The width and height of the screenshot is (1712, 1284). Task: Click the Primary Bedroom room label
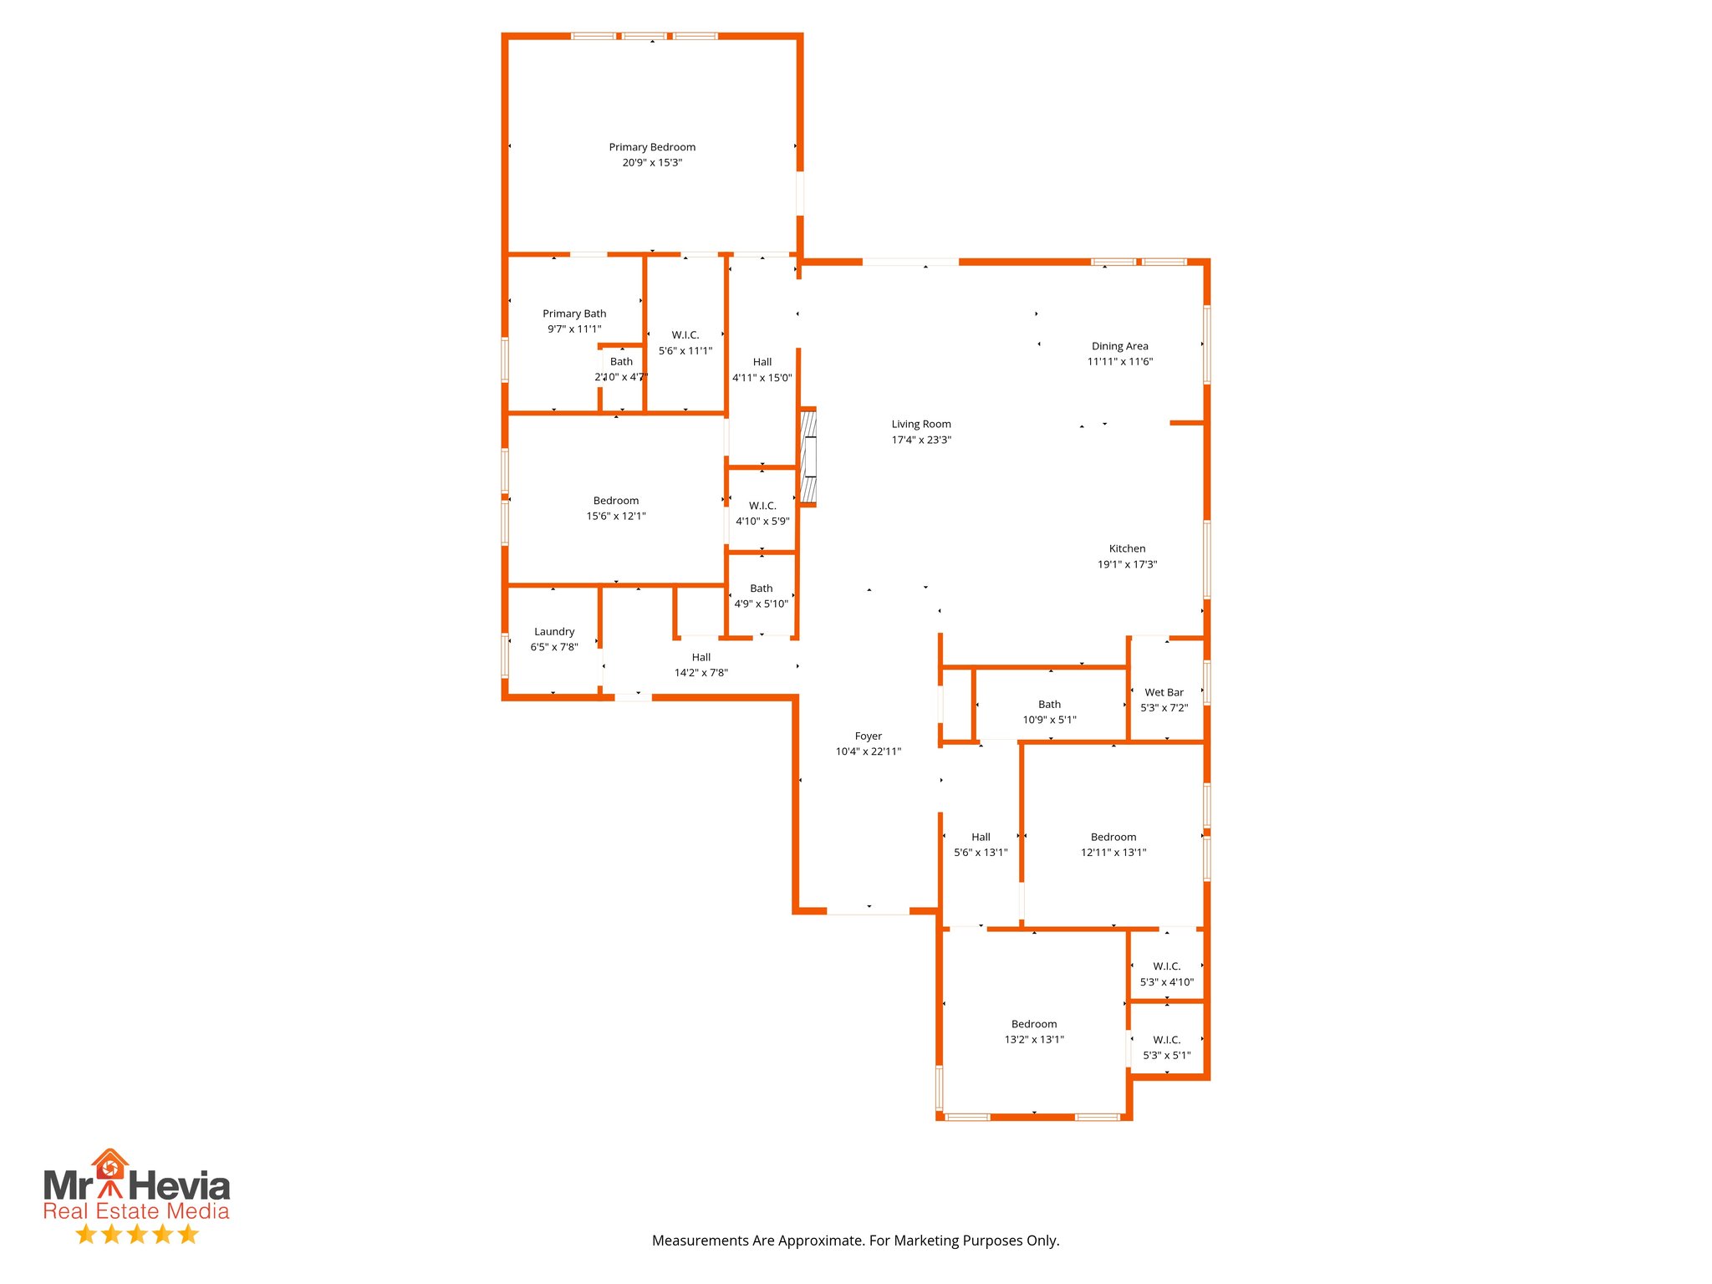coord(652,147)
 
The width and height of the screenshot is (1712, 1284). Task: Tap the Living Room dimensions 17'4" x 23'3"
coord(921,440)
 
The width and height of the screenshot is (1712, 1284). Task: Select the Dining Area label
coord(1119,346)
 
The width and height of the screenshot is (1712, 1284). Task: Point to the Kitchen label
coord(1127,548)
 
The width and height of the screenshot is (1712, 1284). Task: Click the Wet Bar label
coord(1164,692)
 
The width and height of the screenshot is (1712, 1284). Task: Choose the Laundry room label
coord(554,631)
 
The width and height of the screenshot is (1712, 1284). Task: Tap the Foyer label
coord(868,736)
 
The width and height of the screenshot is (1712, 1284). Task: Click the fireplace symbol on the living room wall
coord(808,457)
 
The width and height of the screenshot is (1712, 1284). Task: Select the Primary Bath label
coord(574,313)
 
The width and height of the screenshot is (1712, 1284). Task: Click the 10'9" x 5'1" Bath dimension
coord(1049,720)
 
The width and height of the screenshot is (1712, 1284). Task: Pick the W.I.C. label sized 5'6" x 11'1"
coord(685,335)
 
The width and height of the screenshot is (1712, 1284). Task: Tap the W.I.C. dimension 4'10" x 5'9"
coord(762,521)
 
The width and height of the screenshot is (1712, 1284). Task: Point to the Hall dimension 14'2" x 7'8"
coord(701,673)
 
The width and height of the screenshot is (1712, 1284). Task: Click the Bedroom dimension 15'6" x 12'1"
coord(616,516)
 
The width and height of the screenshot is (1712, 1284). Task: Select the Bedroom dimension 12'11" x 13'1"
coord(1113,853)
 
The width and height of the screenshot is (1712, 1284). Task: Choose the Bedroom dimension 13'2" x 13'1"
coord(1034,1040)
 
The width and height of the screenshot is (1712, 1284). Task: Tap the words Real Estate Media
coord(136,1211)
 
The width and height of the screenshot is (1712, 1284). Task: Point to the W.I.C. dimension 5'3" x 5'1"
coord(1167,1056)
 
